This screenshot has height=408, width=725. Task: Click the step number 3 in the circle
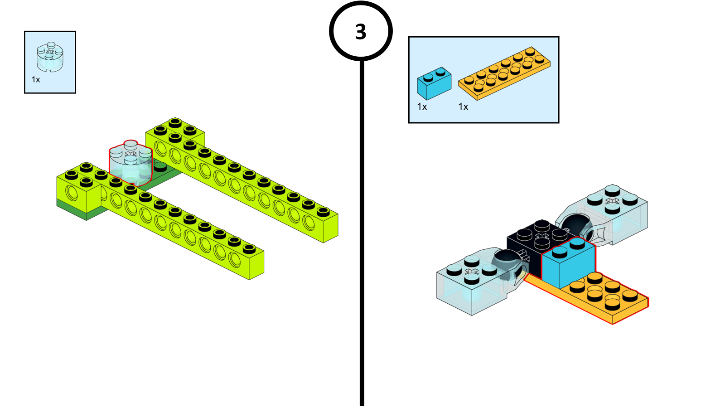coord(361,32)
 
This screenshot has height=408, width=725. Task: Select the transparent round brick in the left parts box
coord(50,58)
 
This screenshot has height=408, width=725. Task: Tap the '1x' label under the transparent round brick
coord(36,80)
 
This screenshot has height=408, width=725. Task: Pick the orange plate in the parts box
coord(504,73)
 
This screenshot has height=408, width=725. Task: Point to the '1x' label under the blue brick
coord(422,107)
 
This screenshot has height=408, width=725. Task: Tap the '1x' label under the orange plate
coord(463,107)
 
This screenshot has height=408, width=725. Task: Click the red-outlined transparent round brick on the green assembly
coord(130,163)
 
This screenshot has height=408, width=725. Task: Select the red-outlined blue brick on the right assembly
coord(568,263)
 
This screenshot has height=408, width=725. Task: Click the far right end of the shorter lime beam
coord(256,265)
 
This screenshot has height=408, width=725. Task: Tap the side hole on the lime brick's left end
coord(72,192)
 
